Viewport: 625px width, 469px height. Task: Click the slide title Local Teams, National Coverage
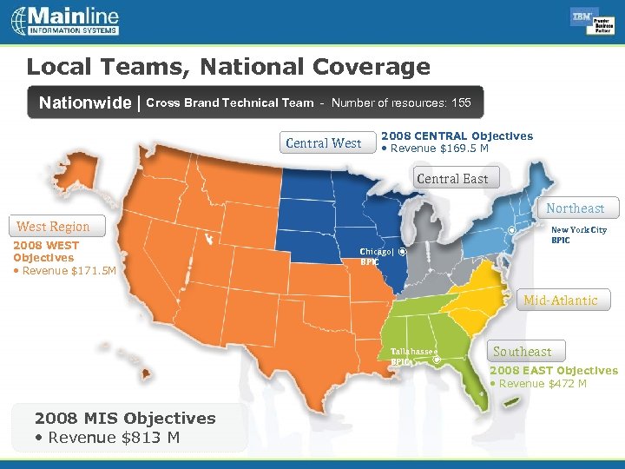pyautogui.click(x=228, y=67)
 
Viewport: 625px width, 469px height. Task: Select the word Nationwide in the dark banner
pyautogui.click(x=85, y=103)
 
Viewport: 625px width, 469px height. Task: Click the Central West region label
pyautogui.click(x=324, y=143)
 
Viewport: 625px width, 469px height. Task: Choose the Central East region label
pyautogui.click(x=452, y=179)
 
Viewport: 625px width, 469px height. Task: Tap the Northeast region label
pyautogui.click(x=575, y=208)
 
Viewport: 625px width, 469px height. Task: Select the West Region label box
pyautogui.click(x=53, y=227)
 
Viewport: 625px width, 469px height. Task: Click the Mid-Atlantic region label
pyautogui.click(x=560, y=301)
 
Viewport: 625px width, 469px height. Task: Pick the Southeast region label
pyautogui.click(x=522, y=352)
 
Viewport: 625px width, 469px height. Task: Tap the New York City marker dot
pyautogui.click(x=511, y=230)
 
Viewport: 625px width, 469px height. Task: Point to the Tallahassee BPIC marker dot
pyautogui.click(x=436, y=358)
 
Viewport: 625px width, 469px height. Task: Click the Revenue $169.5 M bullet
pyautogui.click(x=437, y=149)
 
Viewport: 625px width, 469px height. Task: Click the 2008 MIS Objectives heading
pyautogui.click(x=125, y=418)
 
